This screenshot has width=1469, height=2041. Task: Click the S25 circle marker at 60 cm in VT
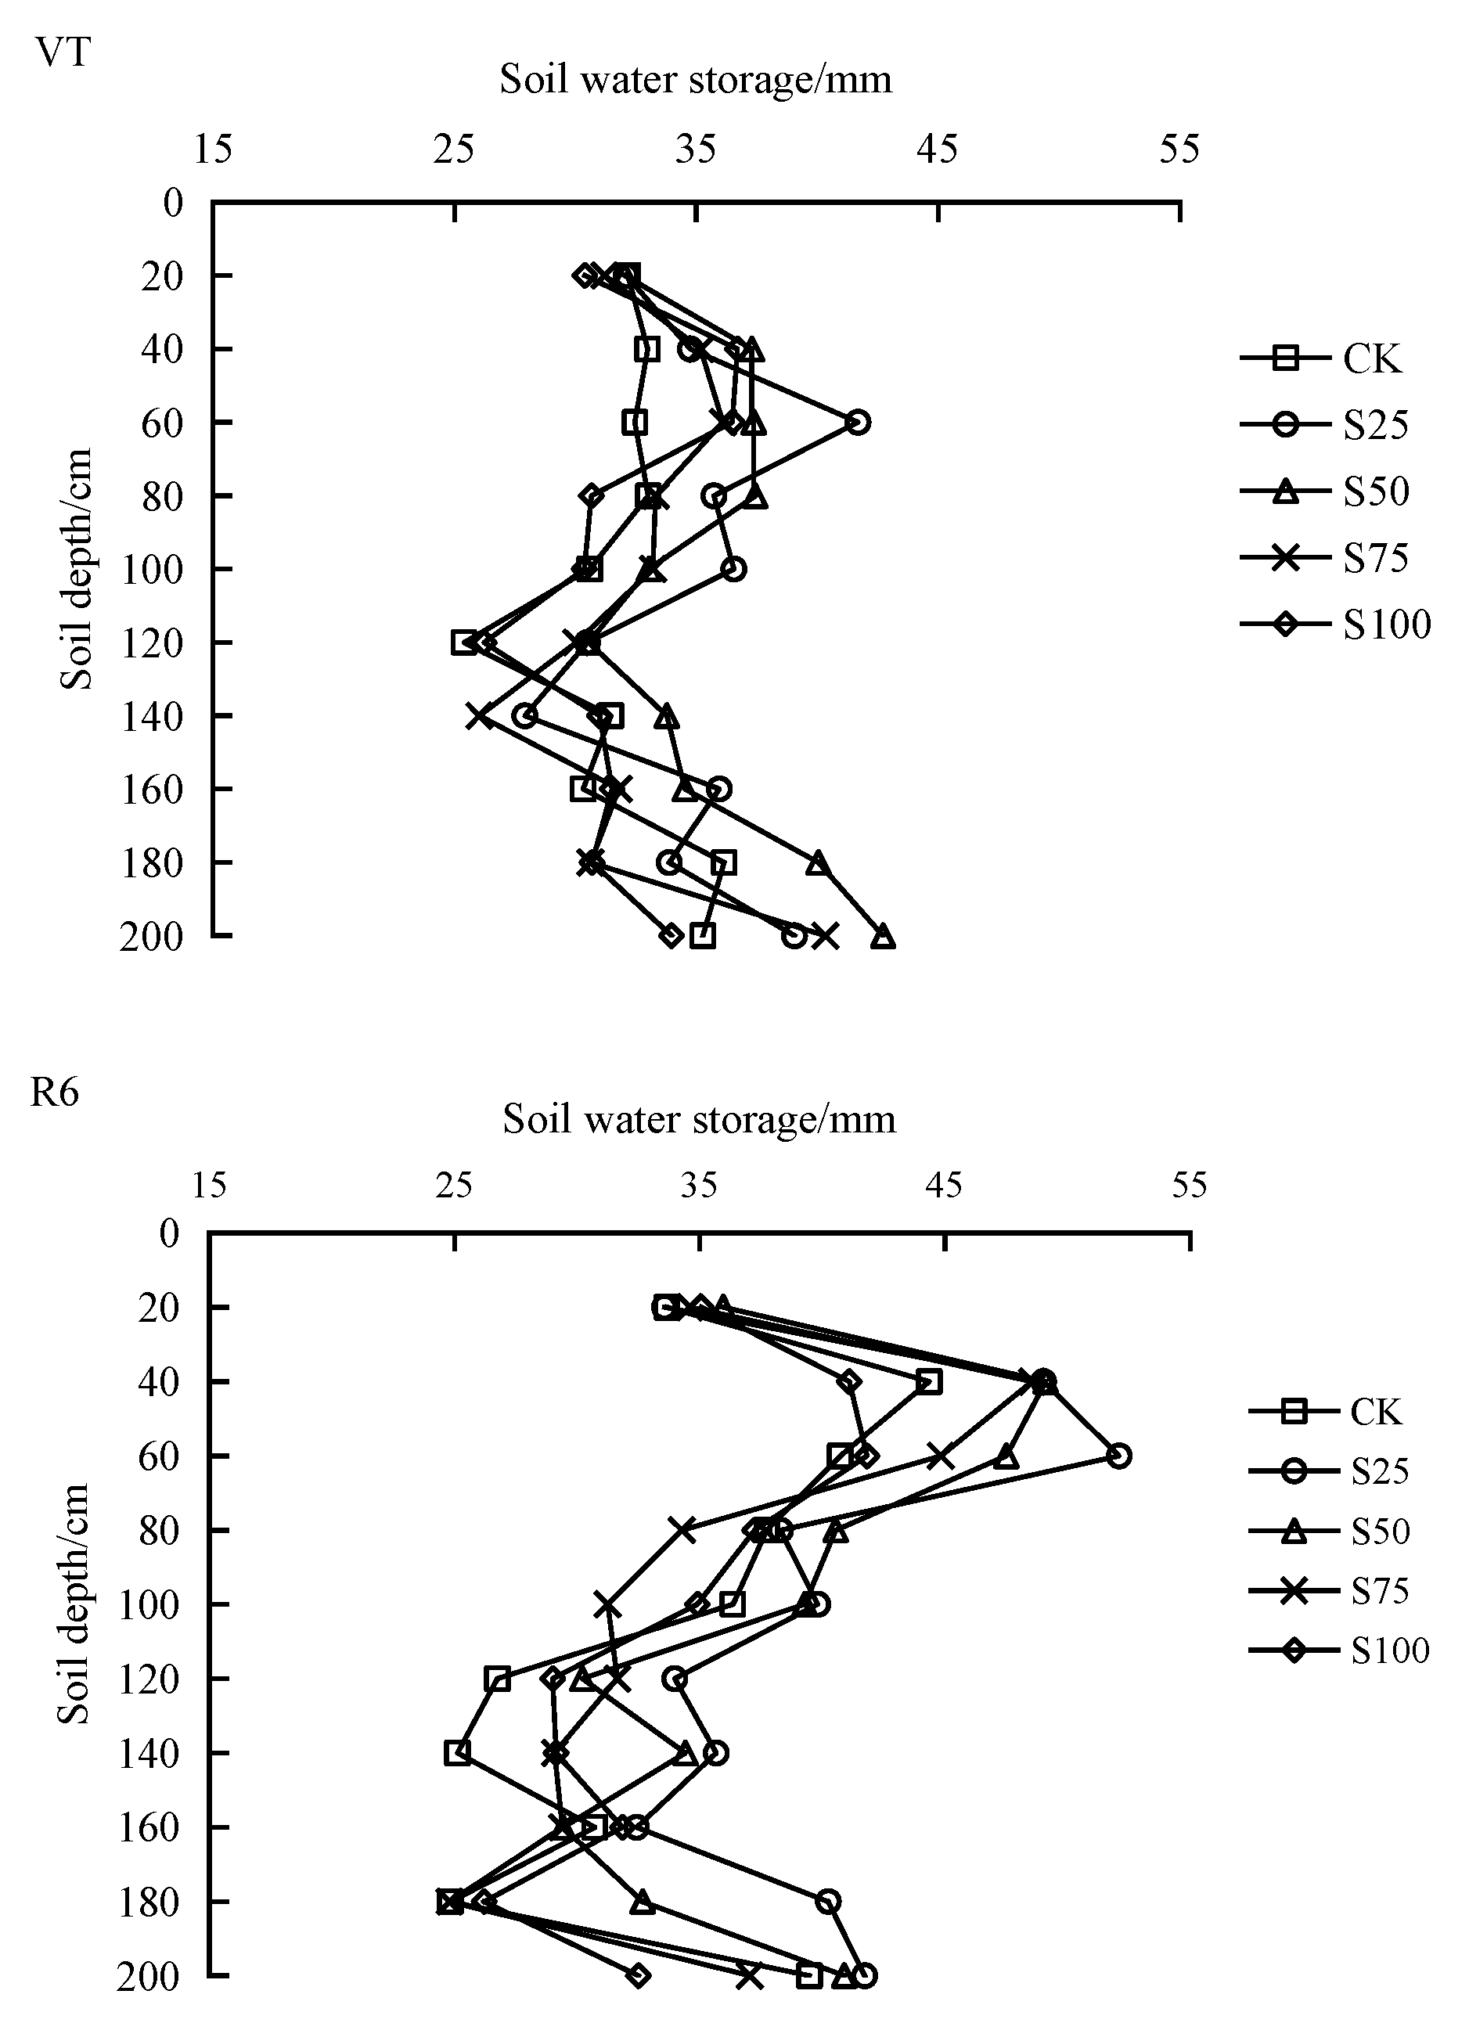point(859,422)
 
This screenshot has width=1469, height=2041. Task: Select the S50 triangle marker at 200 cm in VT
point(883,937)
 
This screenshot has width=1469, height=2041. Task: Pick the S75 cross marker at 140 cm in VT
point(479,716)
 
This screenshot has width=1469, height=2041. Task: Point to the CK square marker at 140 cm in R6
point(457,1752)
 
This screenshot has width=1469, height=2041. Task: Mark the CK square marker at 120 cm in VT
point(463,643)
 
